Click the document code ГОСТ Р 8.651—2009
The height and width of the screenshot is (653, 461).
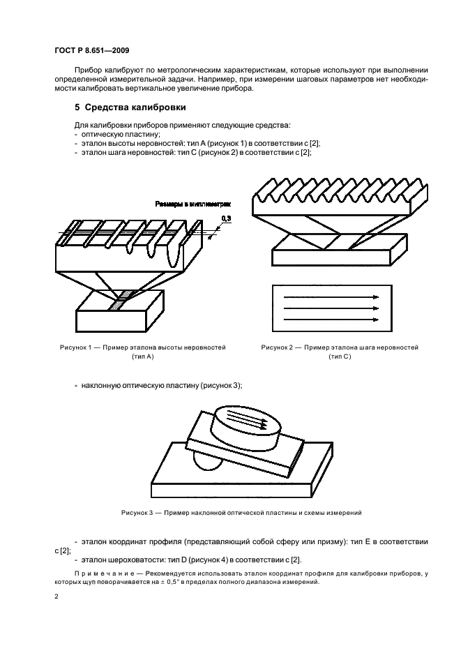(91, 51)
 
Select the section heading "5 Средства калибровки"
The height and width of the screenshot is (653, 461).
(130, 107)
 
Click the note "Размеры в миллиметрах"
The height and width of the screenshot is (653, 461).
(192, 204)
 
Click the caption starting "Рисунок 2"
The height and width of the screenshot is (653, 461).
(339, 347)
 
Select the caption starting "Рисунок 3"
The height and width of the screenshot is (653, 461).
(240, 513)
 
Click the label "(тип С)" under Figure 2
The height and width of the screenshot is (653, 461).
(340, 356)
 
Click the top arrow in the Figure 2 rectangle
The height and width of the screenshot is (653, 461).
(330, 297)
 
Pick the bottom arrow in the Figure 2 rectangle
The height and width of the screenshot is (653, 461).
(330, 319)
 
